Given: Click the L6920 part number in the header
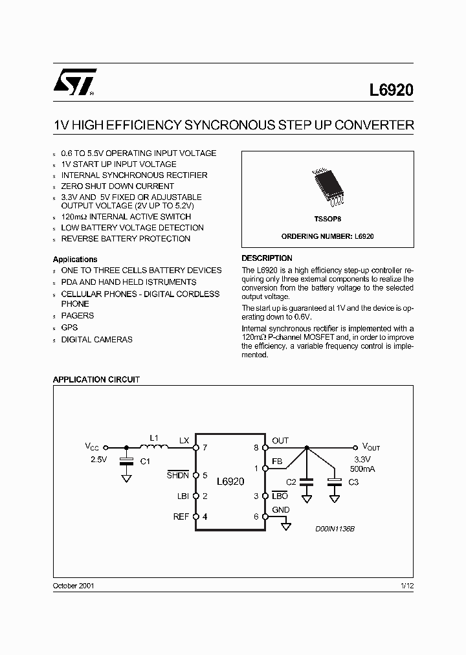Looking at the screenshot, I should (x=392, y=91).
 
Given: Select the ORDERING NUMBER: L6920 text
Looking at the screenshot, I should (x=327, y=236).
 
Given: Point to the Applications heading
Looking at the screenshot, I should (x=75, y=260).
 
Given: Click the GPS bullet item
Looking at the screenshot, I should (x=69, y=327).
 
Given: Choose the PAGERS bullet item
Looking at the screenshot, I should (x=77, y=316).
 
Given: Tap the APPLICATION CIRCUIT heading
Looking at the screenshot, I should (x=96, y=380).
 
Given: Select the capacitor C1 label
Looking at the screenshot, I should (x=145, y=462).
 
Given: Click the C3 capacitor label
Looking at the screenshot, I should (x=353, y=482).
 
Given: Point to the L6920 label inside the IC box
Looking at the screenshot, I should (x=230, y=482).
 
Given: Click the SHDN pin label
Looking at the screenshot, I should (x=178, y=475).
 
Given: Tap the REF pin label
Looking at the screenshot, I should (x=181, y=516).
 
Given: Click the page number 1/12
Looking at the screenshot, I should (x=406, y=585).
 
